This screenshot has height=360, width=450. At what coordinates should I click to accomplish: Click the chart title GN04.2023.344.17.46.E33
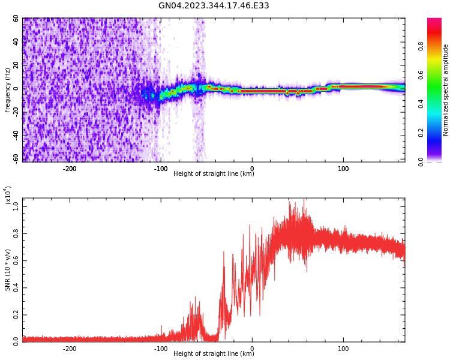214,6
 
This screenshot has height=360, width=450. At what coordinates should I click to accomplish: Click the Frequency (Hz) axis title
7,90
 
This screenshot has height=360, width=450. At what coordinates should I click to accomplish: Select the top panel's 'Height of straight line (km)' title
214,174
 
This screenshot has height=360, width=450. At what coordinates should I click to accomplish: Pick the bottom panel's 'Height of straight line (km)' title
214,354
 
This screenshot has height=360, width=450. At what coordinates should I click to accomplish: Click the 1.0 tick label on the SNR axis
16,206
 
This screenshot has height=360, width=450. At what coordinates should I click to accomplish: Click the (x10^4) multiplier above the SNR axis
8,195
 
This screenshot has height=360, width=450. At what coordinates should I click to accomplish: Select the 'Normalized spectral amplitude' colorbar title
446,90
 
